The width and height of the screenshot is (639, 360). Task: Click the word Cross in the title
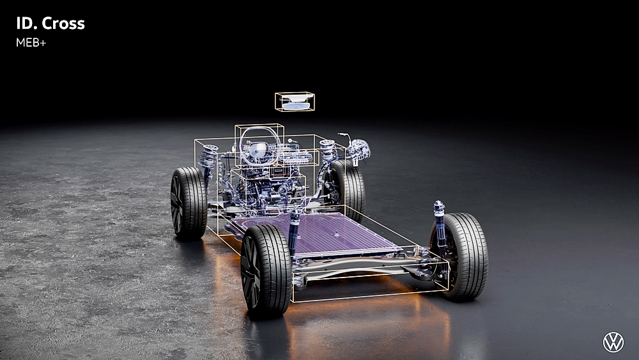[63, 24]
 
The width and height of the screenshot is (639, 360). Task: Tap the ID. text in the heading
[27, 24]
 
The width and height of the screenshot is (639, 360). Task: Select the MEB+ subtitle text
[31, 42]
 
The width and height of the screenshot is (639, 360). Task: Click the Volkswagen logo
[613, 342]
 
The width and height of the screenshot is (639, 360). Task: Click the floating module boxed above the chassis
[295, 102]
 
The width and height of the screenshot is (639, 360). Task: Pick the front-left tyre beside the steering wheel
[189, 203]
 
